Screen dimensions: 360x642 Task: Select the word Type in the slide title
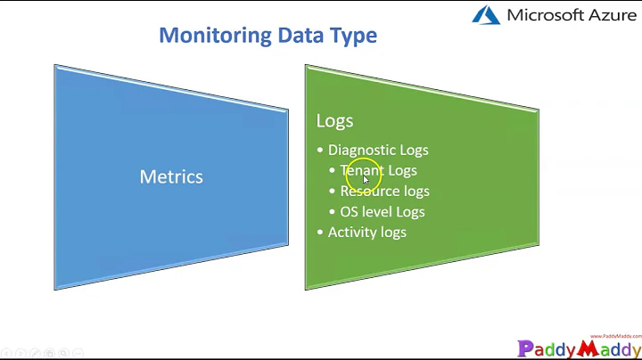352,36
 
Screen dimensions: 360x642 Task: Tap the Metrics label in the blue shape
171,176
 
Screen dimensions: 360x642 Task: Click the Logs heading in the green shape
334,120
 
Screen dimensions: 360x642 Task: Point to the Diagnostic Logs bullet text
378,150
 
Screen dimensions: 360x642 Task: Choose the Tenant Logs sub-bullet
379,170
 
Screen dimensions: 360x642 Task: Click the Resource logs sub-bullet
384,191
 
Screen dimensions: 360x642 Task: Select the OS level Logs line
382,211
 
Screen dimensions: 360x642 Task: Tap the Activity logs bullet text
366,232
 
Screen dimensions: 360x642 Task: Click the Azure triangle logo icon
486,15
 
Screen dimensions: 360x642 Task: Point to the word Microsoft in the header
545,15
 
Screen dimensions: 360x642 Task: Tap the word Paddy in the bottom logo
546,348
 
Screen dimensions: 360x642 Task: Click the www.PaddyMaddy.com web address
615,336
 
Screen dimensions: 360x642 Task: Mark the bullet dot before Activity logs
321,233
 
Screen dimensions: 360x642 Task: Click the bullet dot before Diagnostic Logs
321,151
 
